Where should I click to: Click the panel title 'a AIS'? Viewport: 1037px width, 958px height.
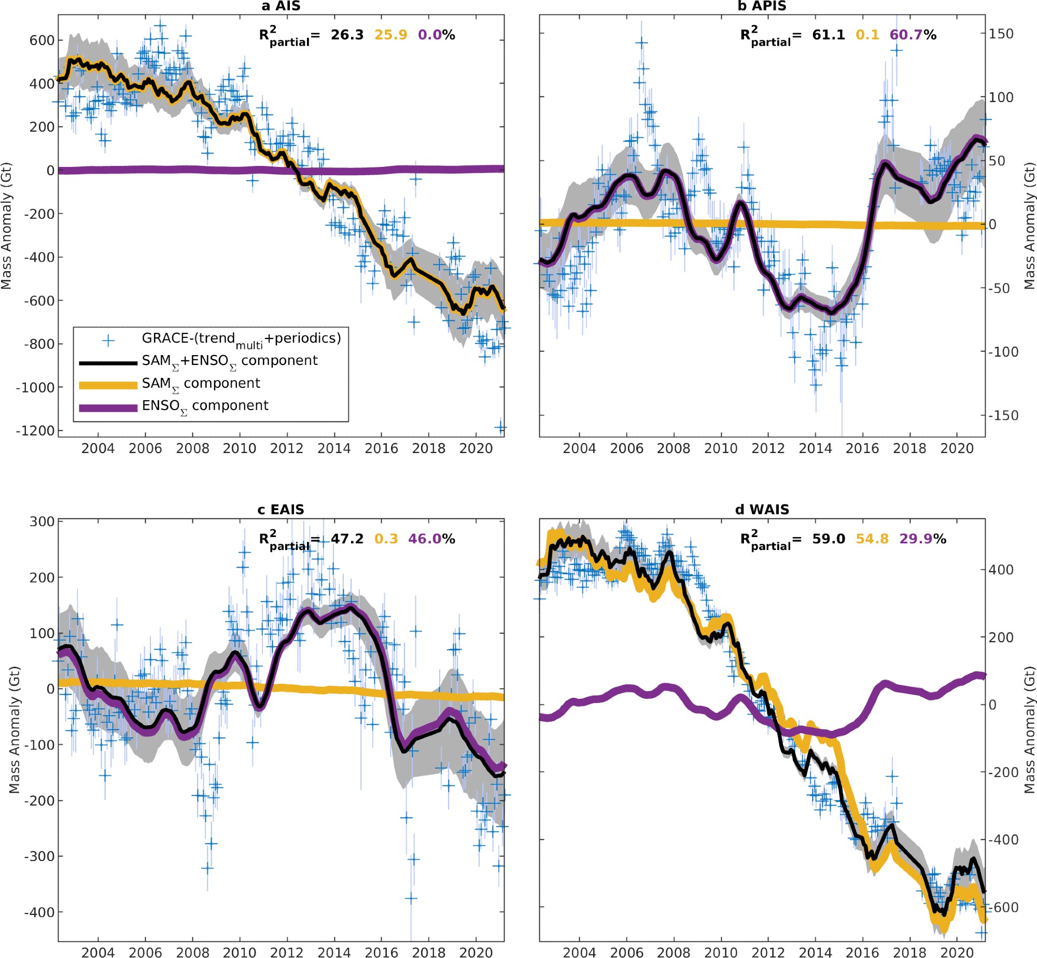(x=281, y=6)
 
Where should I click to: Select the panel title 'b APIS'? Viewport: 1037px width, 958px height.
(x=762, y=6)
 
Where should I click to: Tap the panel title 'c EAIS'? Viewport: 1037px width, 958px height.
(x=281, y=510)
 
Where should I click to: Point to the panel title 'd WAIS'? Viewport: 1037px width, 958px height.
(x=762, y=510)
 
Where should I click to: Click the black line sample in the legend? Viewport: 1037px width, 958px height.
(x=108, y=363)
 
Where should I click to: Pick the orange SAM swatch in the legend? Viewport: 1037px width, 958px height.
(x=108, y=385)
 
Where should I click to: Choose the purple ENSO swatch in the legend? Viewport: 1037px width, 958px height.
(x=108, y=407)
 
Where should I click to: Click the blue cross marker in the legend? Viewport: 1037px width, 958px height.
(x=108, y=341)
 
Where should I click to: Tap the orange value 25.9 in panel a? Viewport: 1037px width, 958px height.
(x=390, y=35)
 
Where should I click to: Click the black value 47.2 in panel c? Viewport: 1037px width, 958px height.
(x=347, y=539)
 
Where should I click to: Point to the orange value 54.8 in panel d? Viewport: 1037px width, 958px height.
(x=872, y=539)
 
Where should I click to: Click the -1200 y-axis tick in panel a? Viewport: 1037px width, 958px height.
(x=35, y=431)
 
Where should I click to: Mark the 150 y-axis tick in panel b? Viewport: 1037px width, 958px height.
(x=1001, y=34)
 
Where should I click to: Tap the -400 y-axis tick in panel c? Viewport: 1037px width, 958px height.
(x=39, y=912)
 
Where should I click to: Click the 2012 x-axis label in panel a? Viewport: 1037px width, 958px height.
(x=286, y=448)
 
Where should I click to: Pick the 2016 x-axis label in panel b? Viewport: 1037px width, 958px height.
(x=862, y=448)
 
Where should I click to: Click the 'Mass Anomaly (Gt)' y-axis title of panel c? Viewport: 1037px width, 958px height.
(x=14, y=730)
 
